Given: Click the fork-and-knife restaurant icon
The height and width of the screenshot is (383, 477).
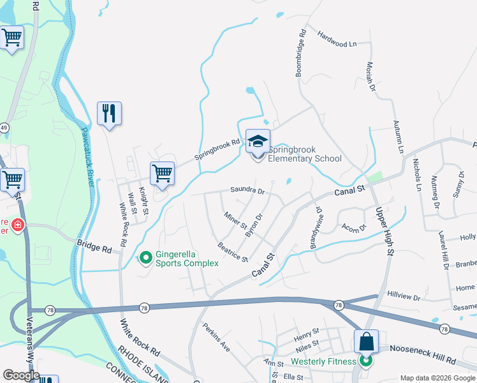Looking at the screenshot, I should point(109,114).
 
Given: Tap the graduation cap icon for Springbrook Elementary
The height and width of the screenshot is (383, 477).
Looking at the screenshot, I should point(258,142).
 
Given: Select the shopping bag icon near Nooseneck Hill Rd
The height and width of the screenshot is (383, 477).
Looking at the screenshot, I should point(367,342).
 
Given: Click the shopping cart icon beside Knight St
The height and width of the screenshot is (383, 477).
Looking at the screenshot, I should point(163,173).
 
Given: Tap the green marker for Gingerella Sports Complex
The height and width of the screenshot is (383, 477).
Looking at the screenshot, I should point(146,258).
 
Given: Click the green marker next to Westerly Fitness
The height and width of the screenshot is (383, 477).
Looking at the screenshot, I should point(366,361).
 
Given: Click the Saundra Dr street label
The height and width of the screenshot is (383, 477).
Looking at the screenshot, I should point(247,190).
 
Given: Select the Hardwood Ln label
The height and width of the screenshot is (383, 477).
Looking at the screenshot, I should point(337,44).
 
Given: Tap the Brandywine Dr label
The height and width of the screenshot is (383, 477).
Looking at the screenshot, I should point(315,223).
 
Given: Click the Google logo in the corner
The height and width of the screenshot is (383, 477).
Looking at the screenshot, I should point(21,375).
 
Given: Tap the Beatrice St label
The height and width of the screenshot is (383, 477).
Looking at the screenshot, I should point(232,252).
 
